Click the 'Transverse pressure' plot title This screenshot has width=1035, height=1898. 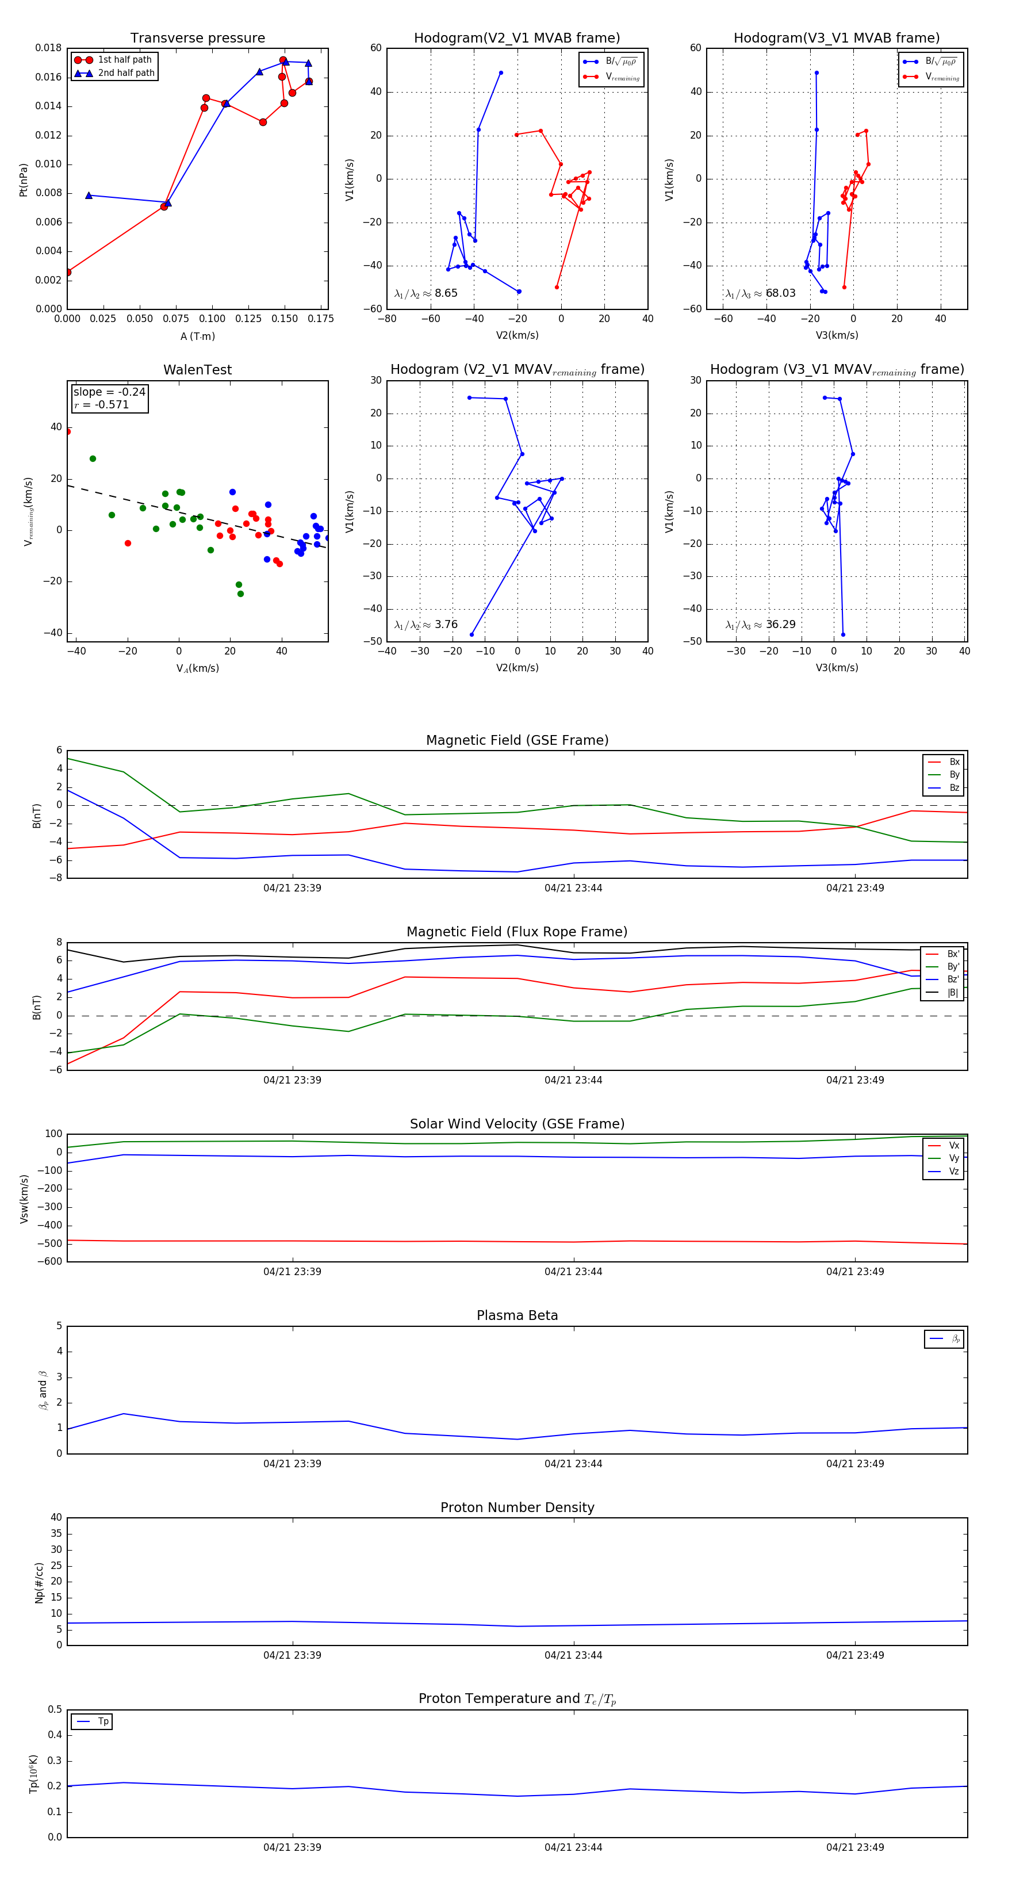[197, 39]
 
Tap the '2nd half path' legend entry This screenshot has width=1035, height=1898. [126, 73]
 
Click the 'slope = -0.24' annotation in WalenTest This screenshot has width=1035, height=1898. [109, 392]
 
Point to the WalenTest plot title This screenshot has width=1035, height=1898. [197, 370]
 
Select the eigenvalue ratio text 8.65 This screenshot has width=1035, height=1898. [446, 293]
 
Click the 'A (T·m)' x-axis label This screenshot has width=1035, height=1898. [197, 336]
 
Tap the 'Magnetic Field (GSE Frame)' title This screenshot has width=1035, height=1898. [517, 740]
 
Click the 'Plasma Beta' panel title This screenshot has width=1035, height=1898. [517, 1316]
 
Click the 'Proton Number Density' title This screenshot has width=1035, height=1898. [517, 1507]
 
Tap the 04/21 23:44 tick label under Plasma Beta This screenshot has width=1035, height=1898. [573, 1464]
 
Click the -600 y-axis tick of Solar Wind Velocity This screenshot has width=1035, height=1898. [49, 1261]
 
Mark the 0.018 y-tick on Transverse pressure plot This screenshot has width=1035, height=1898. [49, 48]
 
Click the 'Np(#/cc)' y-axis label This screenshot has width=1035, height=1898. [39, 1583]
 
